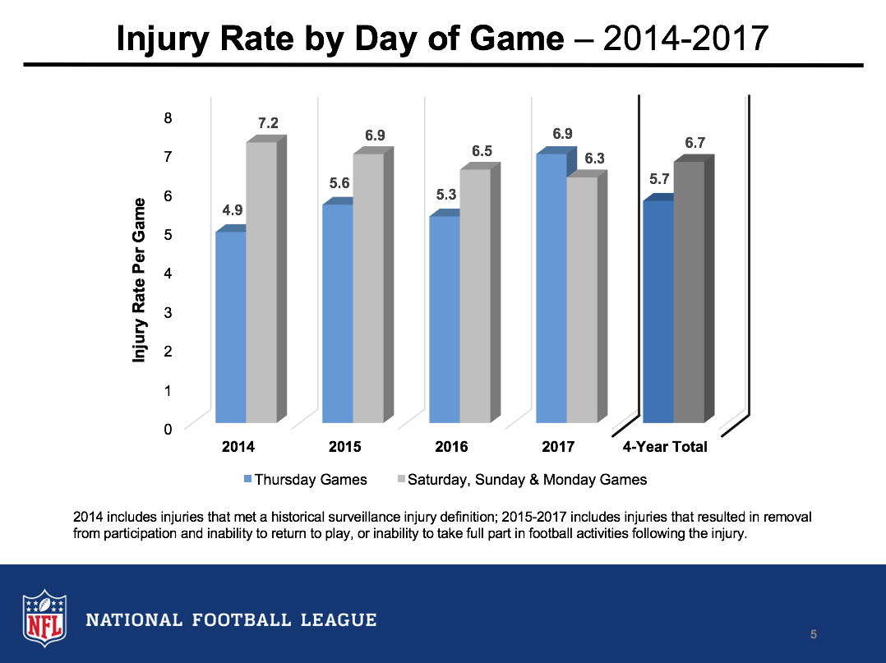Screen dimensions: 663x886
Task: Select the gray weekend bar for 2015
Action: [x=368, y=288]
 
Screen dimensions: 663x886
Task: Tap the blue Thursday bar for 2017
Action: [x=551, y=288]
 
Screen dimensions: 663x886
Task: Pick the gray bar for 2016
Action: [x=475, y=296]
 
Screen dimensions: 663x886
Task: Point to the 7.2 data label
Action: [x=268, y=123]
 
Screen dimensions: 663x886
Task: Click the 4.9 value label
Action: [x=233, y=211]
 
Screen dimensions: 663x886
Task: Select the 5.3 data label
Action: [x=446, y=195]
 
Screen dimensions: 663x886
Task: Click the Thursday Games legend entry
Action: [x=306, y=480]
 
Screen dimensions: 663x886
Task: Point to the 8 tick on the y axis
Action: [x=168, y=117]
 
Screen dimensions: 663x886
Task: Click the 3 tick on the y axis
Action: [x=168, y=312]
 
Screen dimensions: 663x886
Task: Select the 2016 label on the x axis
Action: [x=451, y=447]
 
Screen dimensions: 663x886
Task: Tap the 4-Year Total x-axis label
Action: [x=664, y=447]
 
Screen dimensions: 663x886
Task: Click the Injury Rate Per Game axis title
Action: [x=140, y=279]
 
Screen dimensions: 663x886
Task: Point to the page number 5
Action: [x=813, y=633]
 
